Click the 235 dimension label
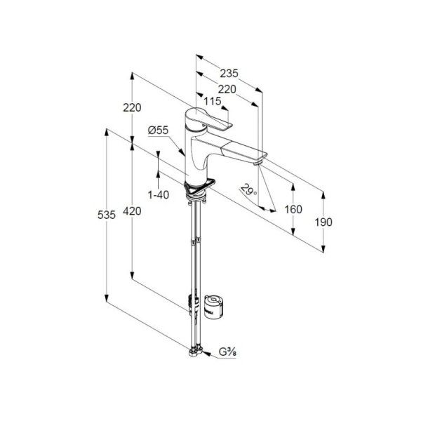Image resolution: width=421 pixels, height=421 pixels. click(x=229, y=73)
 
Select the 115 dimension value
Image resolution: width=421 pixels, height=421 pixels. click(x=213, y=101)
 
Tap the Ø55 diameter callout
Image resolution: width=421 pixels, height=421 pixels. click(x=158, y=131)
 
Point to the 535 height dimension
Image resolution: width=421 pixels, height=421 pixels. click(x=107, y=215)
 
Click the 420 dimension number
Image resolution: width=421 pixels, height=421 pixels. click(x=132, y=211)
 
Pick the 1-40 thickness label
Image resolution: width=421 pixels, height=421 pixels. click(x=159, y=194)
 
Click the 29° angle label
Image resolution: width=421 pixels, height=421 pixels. click(x=248, y=189)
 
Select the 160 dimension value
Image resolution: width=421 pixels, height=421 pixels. click(x=293, y=209)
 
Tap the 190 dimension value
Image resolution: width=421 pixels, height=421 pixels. click(x=323, y=222)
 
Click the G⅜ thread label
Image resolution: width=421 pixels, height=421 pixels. click(x=227, y=352)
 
